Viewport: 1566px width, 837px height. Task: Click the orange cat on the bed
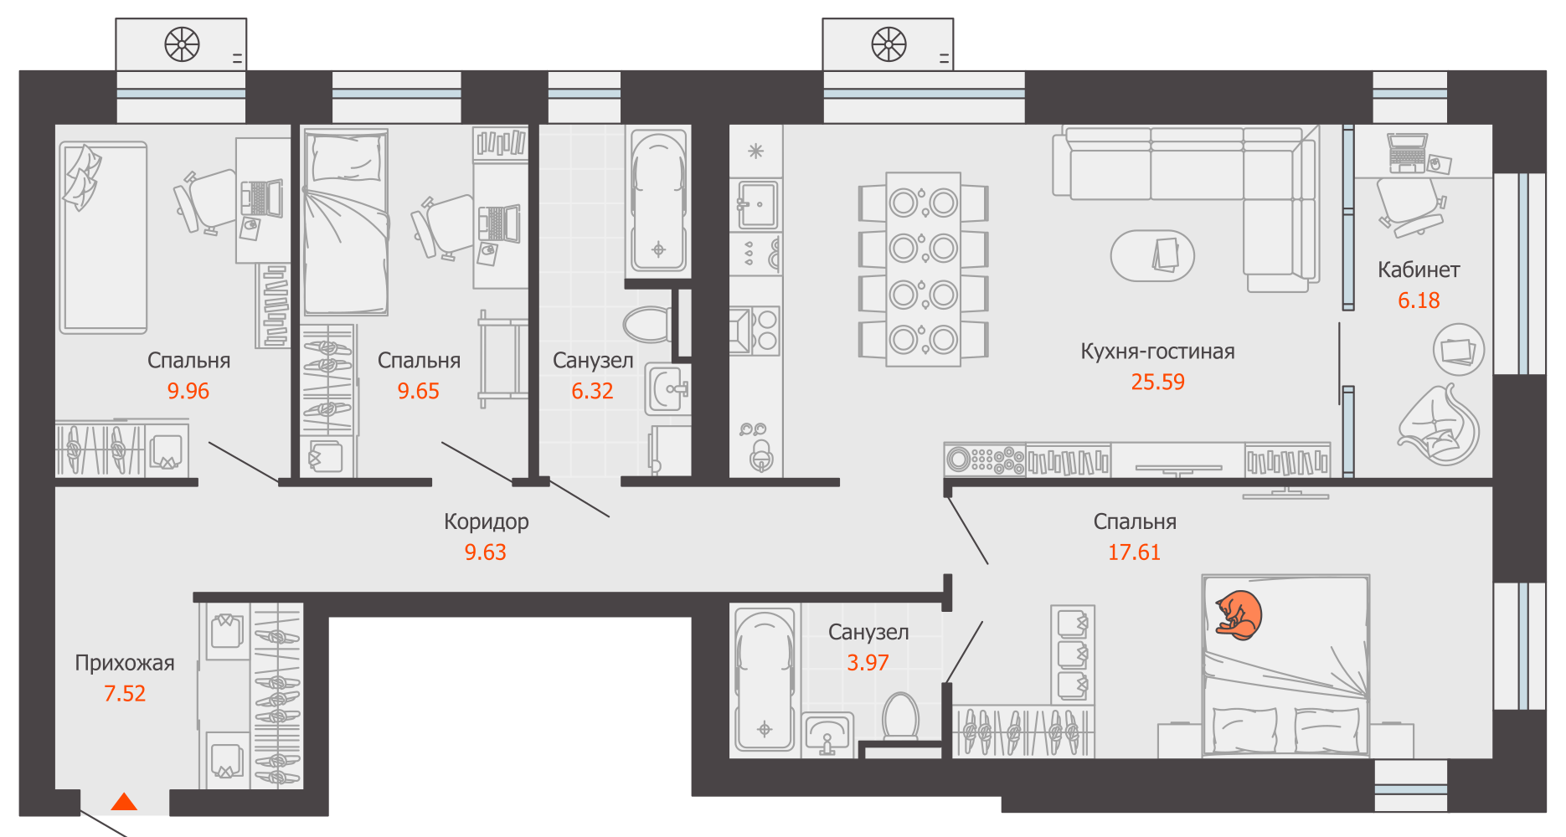1239,615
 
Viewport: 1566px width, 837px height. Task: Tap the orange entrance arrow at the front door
124,801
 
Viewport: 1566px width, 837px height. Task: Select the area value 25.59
1157,382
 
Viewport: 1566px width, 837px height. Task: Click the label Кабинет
1419,270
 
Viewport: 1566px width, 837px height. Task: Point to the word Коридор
486,522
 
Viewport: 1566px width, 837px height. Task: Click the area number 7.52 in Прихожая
125,693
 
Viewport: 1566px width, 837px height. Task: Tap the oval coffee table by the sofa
1152,256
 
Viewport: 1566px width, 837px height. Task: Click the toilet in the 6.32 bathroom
647,324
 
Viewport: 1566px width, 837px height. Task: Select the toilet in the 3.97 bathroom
901,716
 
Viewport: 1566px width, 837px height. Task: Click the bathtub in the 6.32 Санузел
658,202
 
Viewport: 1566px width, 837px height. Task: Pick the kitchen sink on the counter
757,204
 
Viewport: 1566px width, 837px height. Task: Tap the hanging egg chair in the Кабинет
1440,425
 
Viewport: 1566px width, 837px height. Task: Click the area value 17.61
1134,552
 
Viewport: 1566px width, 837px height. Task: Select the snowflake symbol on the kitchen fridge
755,151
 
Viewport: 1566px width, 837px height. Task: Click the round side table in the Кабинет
1459,350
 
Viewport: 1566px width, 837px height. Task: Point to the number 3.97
868,663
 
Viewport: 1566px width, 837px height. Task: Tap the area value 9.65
418,391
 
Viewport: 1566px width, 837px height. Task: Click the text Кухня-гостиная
1157,352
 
